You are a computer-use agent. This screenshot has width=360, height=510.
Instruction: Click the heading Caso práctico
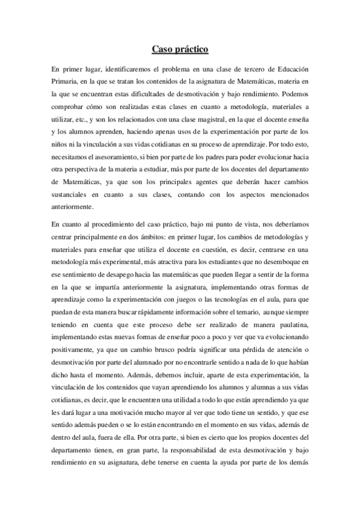(180, 48)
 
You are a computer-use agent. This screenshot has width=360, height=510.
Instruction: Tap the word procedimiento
(121, 224)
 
